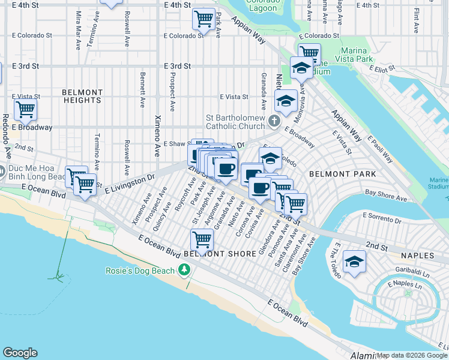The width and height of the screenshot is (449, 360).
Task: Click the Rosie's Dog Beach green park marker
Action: pos(184,271)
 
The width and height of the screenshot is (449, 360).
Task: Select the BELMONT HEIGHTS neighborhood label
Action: pos(82,96)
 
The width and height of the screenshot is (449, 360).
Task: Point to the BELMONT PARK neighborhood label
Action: pos(342,174)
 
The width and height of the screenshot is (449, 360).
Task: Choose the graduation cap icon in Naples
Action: pos(354,262)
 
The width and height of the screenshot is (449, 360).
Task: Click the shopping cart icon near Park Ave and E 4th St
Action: pos(203,18)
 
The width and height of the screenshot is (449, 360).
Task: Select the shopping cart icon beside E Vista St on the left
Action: pos(25,109)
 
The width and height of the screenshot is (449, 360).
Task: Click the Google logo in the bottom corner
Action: pos(20,353)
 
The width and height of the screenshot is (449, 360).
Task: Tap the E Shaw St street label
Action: pos(179,144)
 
